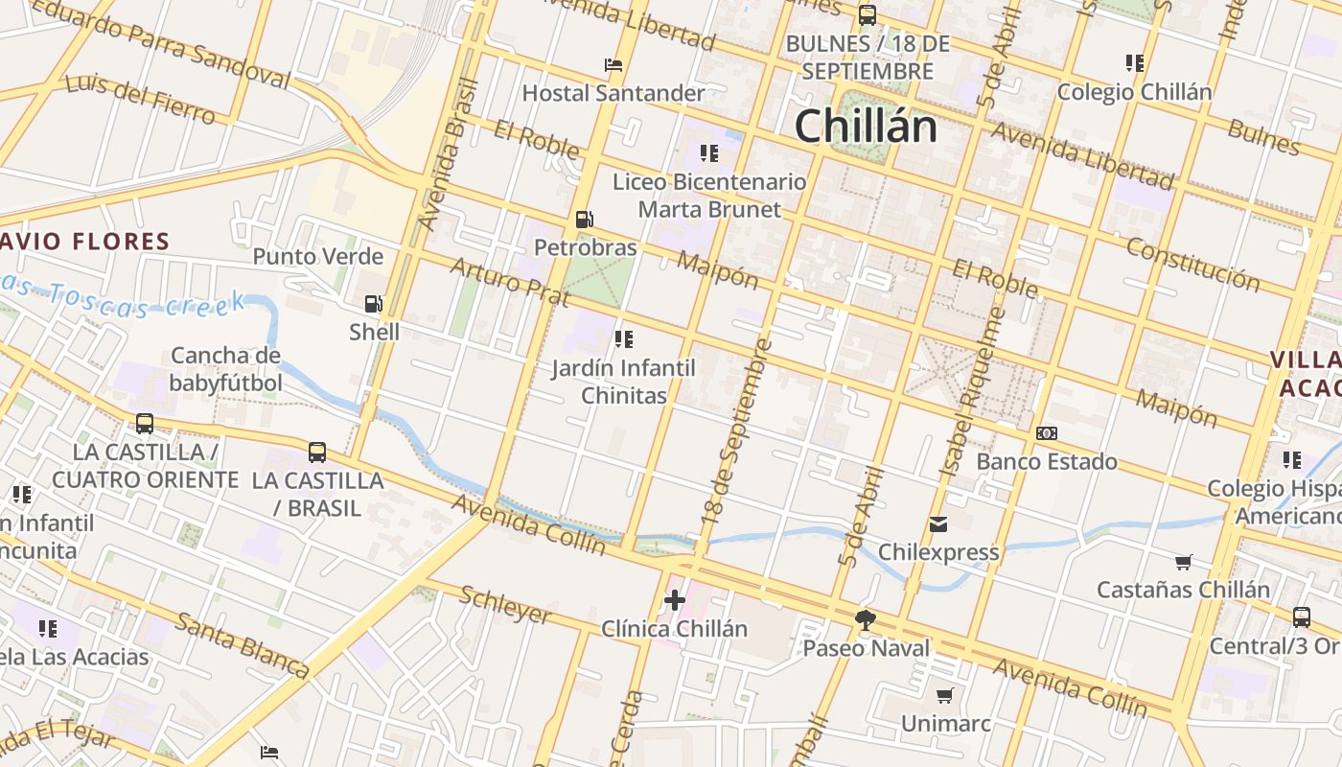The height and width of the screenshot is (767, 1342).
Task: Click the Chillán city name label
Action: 866,127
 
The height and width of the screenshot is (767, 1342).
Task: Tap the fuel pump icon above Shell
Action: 373,305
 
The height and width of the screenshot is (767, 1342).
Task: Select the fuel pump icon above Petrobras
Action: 584,220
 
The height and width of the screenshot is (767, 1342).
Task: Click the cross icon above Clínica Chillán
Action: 675,601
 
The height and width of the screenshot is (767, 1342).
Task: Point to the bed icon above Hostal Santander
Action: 613,65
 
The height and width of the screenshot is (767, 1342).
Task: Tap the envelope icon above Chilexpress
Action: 938,524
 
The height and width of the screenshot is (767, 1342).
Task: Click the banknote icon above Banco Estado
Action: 1047,433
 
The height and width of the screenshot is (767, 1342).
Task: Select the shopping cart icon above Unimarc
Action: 945,695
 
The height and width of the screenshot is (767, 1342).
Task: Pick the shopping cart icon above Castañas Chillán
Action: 1184,562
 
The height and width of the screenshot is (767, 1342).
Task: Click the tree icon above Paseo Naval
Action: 866,620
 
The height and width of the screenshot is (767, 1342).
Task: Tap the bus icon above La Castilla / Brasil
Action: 316,452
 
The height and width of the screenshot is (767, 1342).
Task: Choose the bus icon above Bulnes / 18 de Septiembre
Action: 868,15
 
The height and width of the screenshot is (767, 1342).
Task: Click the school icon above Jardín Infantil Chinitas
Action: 624,339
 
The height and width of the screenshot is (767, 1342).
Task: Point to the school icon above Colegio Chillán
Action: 1135,64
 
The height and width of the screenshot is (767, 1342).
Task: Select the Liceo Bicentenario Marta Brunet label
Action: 709,196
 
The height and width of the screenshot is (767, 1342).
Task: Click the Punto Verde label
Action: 317,257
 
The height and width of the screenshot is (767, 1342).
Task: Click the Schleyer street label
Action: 505,604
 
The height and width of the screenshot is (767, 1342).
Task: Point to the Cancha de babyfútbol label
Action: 226,370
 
